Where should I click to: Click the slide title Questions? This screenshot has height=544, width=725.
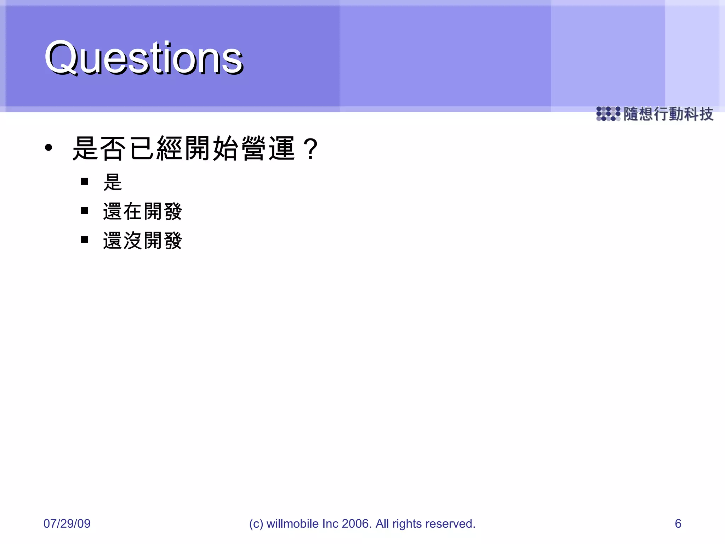144,57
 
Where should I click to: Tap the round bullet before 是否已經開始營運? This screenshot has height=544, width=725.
48,148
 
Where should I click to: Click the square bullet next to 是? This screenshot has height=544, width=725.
84,182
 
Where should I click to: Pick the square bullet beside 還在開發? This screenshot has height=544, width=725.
84,211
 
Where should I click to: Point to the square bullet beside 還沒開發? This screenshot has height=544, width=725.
84,240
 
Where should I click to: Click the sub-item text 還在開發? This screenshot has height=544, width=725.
142,211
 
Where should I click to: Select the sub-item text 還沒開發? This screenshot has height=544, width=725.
142,240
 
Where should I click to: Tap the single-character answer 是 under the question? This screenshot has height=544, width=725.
113,182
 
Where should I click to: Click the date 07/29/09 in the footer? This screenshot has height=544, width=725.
67,523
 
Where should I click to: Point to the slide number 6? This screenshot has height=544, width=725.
678,523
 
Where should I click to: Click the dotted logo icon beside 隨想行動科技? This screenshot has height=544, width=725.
608,114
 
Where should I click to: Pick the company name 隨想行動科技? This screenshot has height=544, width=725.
668,114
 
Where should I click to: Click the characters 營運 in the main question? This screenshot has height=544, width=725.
268,148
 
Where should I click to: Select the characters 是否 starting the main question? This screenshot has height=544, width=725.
99,148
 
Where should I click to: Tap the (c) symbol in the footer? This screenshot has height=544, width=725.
256,524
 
